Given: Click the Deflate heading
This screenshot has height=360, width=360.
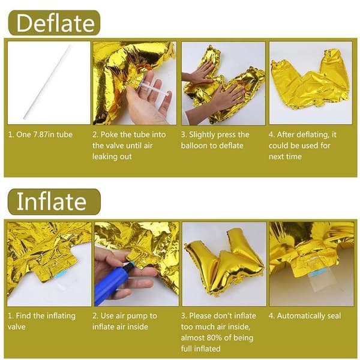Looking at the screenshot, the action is (x=56, y=23).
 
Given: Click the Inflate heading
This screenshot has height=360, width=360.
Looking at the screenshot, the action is (x=52, y=202).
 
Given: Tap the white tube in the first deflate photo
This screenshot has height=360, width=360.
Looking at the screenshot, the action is (x=47, y=82).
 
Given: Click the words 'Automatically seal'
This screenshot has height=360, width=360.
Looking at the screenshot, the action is (x=309, y=316).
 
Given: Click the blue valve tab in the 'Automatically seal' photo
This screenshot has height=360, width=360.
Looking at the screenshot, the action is (x=318, y=273).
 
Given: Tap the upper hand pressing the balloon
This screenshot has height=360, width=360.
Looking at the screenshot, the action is (x=199, y=73).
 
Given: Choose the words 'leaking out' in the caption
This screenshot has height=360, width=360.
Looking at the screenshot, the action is (x=112, y=157).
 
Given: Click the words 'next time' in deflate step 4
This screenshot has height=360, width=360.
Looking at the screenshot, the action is (x=285, y=157).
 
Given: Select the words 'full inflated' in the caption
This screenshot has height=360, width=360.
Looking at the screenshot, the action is (x=200, y=349).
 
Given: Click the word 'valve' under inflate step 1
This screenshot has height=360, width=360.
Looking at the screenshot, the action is (x=16, y=327).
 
